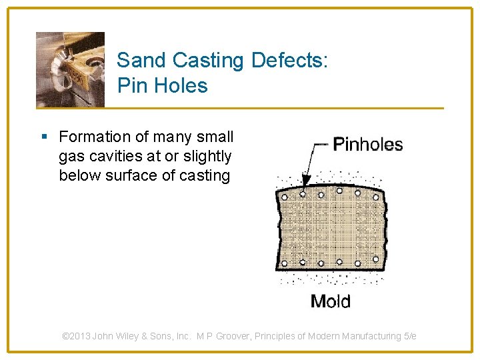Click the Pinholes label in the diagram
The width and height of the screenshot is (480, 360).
click(x=367, y=145)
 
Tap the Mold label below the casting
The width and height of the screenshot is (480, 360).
click(x=330, y=301)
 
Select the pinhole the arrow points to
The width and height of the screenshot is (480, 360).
click(x=303, y=194)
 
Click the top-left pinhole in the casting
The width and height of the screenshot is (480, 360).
click(x=285, y=197)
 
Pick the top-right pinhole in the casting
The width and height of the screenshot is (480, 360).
click(x=375, y=195)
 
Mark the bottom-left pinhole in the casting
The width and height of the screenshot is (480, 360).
click(x=285, y=263)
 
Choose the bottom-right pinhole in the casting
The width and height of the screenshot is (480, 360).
click(x=375, y=259)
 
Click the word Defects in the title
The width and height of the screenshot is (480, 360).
click(x=290, y=61)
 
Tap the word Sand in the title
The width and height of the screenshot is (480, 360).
click(x=142, y=61)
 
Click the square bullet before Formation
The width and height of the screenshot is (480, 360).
click(x=44, y=137)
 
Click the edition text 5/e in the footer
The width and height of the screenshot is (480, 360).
click(x=410, y=336)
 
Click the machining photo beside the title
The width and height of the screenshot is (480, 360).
click(x=70, y=69)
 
